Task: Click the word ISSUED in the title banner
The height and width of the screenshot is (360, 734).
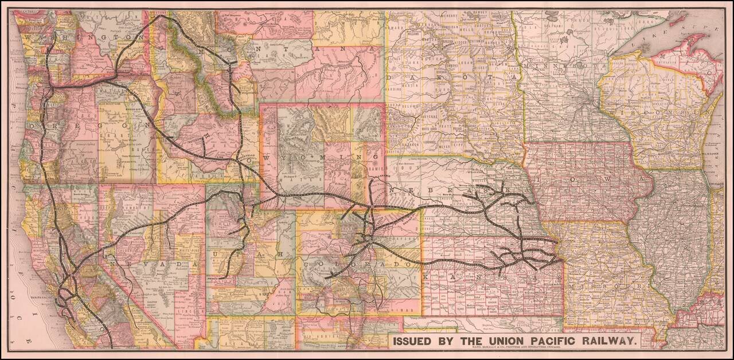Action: coord(414,341)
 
